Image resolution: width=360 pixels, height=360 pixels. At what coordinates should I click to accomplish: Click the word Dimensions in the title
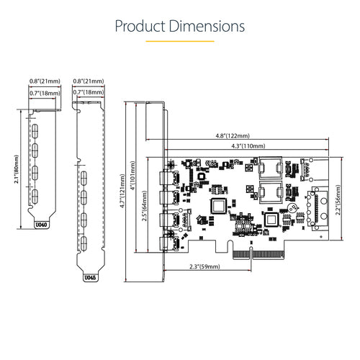click(207, 27)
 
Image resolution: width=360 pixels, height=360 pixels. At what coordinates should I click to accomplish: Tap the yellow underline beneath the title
click(180, 42)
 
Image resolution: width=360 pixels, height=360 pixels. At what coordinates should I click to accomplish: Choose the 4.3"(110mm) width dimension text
click(237, 146)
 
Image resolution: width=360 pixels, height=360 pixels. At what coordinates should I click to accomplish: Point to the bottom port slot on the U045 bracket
click(86, 243)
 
